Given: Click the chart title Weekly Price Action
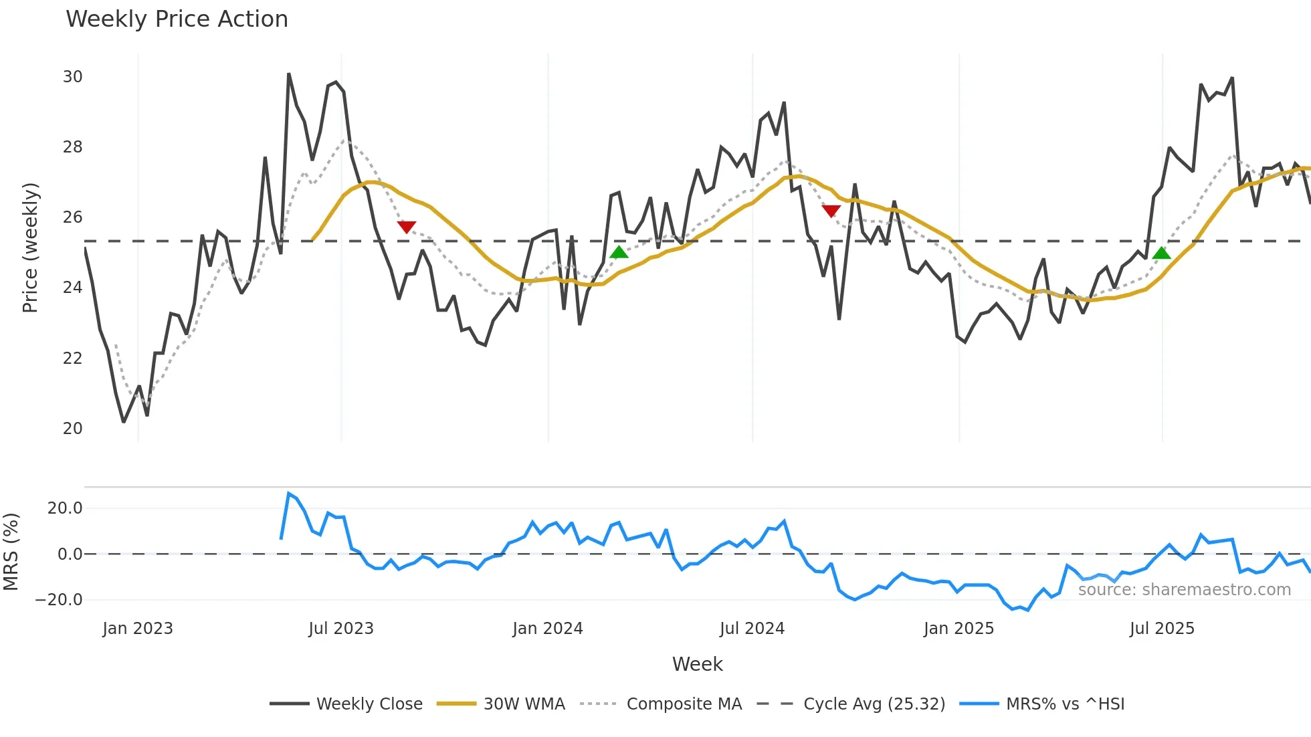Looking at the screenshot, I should pos(177,19).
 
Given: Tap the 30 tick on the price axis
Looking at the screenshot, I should pos(73,77).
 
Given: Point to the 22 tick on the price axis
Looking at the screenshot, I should pos(73,358).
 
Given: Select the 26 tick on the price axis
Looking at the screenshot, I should pos(73,217).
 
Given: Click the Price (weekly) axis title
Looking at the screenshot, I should pos(30,247).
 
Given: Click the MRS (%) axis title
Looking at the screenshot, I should pos(11,552).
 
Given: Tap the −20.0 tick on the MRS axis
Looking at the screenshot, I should pos(59,600).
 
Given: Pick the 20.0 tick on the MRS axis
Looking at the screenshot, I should pos(65,508).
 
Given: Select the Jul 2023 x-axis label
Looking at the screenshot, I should pos(341,629).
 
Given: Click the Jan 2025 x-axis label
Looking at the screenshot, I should pos(959,629).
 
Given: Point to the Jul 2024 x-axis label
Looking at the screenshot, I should pos(752,629).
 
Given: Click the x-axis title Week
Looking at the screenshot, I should pos(697,664).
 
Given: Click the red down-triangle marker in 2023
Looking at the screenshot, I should pos(407,227).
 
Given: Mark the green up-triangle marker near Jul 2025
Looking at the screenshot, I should pos(1162,253).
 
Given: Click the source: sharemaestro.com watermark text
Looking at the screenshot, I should pos(1184,590).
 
